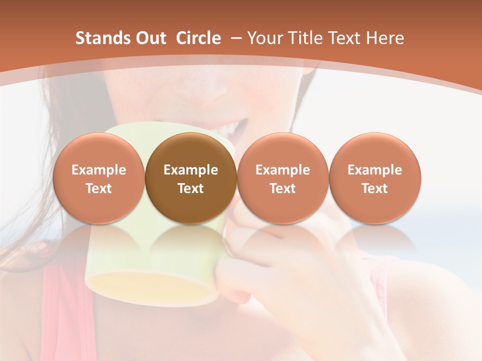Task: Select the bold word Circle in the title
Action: (x=198, y=38)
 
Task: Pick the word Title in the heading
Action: (x=301, y=38)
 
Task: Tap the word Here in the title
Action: (x=386, y=38)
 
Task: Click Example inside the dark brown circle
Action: (x=191, y=170)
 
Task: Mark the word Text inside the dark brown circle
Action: (x=191, y=189)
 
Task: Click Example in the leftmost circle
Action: (x=98, y=170)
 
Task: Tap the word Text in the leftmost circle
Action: (x=98, y=189)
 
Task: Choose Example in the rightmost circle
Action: (x=375, y=170)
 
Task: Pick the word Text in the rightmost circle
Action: (x=375, y=189)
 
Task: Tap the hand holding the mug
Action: (x=261, y=281)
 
